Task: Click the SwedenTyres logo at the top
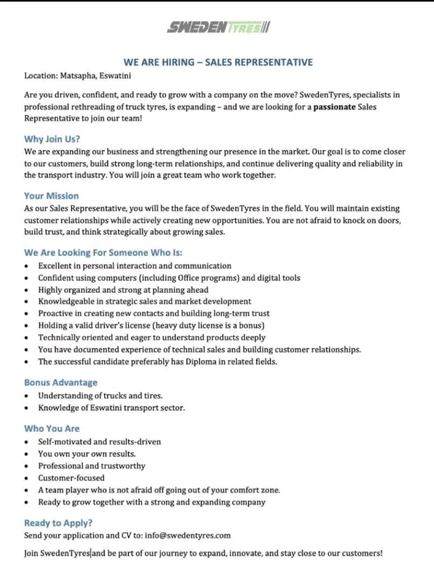[x=218, y=27]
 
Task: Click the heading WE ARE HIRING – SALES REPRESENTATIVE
[x=218, y=62]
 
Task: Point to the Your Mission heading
[x=51, y=196]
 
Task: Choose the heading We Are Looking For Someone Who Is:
[x=103, y=253]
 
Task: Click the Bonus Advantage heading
[x=60, y=382]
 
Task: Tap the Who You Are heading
[x=52, y=428]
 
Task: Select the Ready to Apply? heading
[x=59, y=523]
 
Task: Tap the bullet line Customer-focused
[x=71, y=478]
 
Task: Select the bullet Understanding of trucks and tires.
[x=100, y=395]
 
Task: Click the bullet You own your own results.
[x=87, y=454]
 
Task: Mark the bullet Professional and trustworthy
[x=91, y=466]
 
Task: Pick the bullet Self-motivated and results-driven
[x=99, y=442]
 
